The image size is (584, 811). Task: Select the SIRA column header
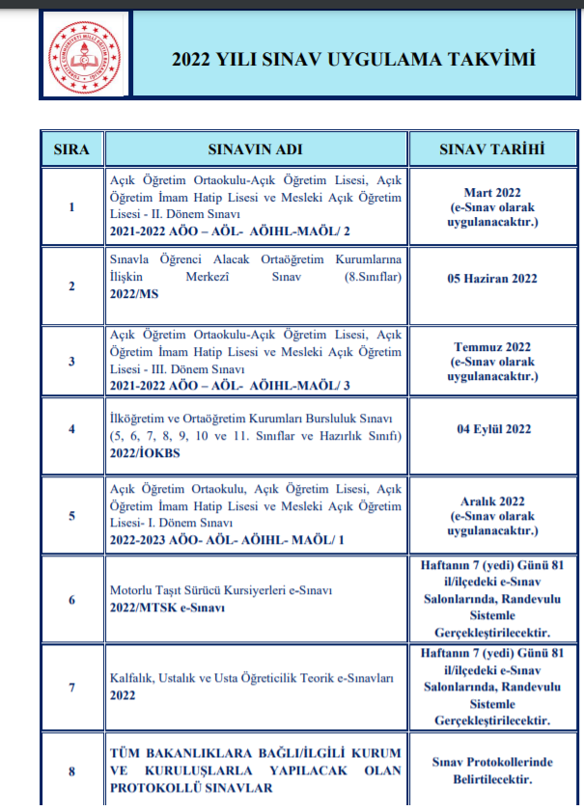pyautogui.click(x=71, y=149)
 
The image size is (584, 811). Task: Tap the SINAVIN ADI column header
pyautogui.click(x=254, y=149)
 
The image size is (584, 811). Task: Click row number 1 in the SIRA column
pyautogui.click(x=71, y=206)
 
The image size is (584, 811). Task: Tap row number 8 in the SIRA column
pyautogui.click(x=71, y=770)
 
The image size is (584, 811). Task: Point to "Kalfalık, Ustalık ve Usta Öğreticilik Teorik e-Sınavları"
pyautogui.click(x=251, y=678)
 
